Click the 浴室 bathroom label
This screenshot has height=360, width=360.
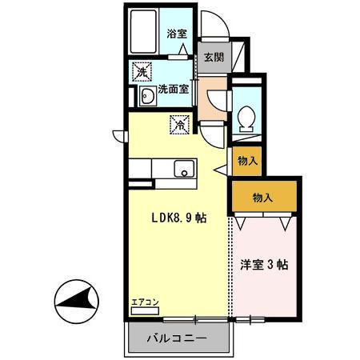[x=177, y=34]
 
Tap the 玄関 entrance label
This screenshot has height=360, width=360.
[x=214, y=57]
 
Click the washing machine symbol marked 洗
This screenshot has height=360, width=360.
[x=142, y=71]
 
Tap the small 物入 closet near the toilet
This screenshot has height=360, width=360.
[x=247, y=161]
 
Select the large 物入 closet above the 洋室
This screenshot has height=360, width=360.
[x=263, y=197]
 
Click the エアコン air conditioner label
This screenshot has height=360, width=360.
[x=145, y=302]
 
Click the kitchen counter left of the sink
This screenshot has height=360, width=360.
[x=148, y=169]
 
